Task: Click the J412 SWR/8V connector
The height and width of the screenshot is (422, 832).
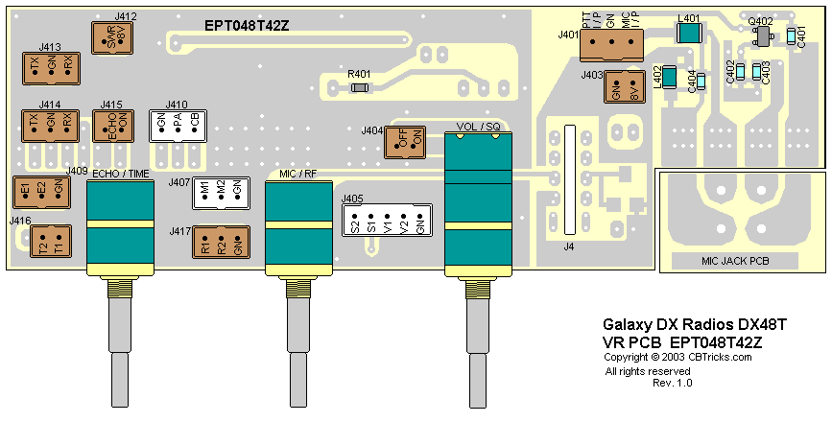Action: click(110, 37)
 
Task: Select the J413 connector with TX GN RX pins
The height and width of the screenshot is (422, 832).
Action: click(50, 67)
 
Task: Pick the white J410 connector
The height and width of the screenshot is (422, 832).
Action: click(178, 126)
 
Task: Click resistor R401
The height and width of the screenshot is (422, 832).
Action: click(360, 87)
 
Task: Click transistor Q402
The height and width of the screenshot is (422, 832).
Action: click(763, 35)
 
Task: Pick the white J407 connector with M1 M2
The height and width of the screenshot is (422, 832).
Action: click(221, 194)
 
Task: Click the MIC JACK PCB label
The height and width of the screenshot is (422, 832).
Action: click(735, 262)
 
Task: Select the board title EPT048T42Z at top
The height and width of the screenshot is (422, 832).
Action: click(247, 26)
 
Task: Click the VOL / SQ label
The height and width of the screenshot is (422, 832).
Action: click(479, 127)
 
